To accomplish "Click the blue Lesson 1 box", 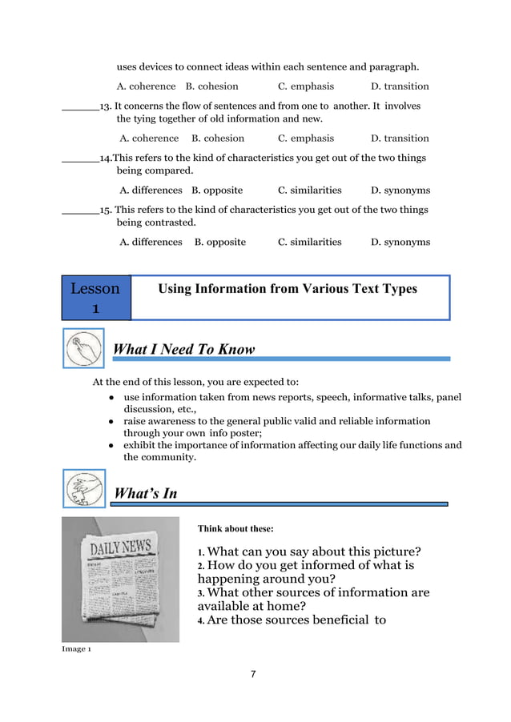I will [x=95, y=298].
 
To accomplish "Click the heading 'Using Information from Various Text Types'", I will [x=288, y=289].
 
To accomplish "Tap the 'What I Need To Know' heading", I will [x=184, y=349].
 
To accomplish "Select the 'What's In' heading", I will [x=145, y=493].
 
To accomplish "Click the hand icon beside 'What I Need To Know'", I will [x=82, y=349].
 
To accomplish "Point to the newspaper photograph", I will [x=120, y=579].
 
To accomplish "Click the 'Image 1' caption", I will [x=76, y=648].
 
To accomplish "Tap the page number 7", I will [x=253, y=674].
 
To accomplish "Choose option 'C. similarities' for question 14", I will [x=309, y=191].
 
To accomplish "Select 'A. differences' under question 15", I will [x=151, y=242].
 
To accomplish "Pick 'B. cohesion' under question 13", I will [x=212, y=138].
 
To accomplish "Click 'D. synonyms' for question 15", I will [x=400, y=242].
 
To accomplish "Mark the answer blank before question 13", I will [x=79, y=106].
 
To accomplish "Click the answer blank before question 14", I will [x=79, y=158].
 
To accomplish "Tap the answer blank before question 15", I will [x=79, y=211].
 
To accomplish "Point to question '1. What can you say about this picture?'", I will [x=309, y=552].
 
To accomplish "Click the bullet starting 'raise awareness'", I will [x=276, y=427].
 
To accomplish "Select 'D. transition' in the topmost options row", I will [x=400, y=86].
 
